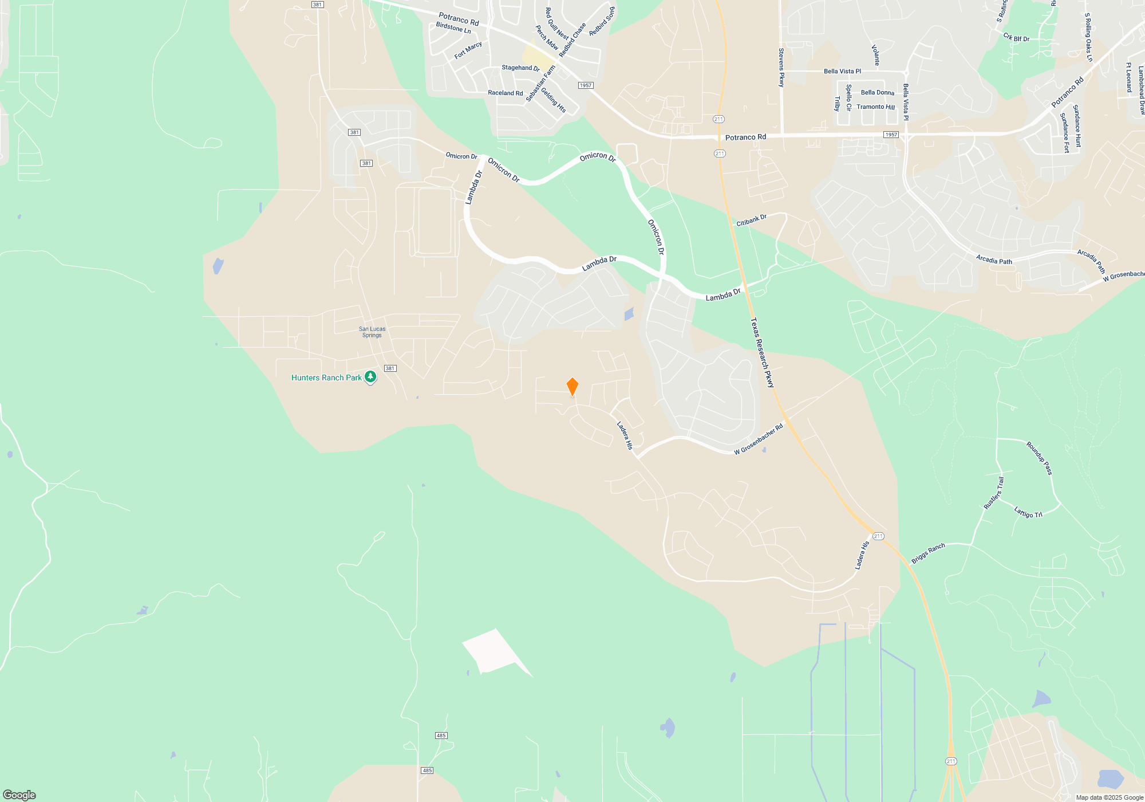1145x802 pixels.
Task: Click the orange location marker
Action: tap(572, 387)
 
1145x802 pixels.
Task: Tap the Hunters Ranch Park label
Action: tap(326, 378)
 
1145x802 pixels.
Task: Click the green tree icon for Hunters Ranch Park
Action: tap(370, 376)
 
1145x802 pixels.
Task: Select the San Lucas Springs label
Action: tap(372, 332)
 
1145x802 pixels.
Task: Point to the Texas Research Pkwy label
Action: tap(762, 353)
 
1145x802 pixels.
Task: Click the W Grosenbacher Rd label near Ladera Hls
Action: tap(758, 440)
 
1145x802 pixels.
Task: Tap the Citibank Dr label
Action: tap(751, 220)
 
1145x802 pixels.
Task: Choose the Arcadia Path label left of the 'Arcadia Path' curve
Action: tap(994, 260)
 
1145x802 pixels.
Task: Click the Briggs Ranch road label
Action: tap(928, 553)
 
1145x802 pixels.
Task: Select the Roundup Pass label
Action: tap(1039, 458)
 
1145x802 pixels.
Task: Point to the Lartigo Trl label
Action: tap(1028, 512)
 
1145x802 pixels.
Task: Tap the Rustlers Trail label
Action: tap(994, 493)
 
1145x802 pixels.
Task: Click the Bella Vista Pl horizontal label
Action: tap(842, 72)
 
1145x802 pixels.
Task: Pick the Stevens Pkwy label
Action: tap(781, 68)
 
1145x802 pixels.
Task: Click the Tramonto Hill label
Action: tap(875, 107)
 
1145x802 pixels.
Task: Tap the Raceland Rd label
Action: tap(505, 93)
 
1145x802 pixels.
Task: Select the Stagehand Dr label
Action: tap(520, 68)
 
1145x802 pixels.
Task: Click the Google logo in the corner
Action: tap(19, 795)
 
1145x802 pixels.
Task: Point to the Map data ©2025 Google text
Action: tap(1109, 797)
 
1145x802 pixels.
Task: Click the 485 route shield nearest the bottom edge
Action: tap(427, 770)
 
